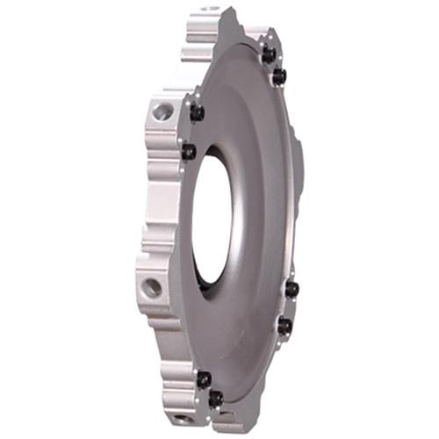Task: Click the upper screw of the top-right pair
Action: pyautogui.click(x=268, y=54)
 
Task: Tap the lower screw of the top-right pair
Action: pyautogui.click(x=279, y=77)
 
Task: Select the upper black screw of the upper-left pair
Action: pyautogui.click(x=197, y=112)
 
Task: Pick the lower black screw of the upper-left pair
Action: pyautogui.click(x=188, y=151)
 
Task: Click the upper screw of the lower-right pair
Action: pyautogui.click(x=291, y=289)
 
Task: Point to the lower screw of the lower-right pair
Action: pyautogui.click(x=284, y=326)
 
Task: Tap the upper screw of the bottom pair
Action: pyautogui.click(x=204, y=379)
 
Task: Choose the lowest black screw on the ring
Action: pyautogui.click(x=215, y=399)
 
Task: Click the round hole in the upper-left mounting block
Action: pyautogui.click(x=162, y=112)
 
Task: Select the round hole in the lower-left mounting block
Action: pyautogui.click(x=151, y=286)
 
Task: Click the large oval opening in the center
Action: pyautogui.click(x=211, y=219)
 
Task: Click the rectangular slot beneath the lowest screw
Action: pyautogui.click(x=223, y=419)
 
